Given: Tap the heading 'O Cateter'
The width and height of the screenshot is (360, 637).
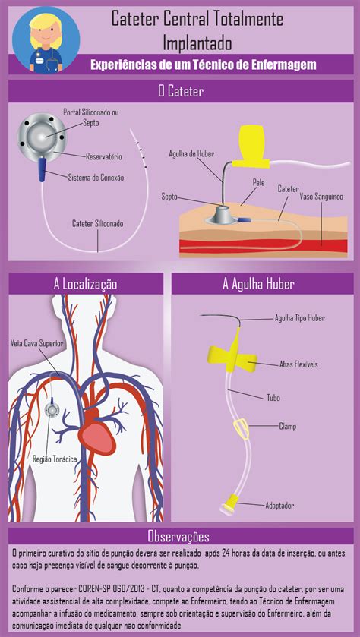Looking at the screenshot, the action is tap(181, 91).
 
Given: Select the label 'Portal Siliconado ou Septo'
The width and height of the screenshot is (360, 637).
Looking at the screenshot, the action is tap(90, 116).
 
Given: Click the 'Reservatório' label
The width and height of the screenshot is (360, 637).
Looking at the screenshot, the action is tap(104, 156).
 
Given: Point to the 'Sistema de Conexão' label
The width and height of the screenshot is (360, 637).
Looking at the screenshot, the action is tap(96, 177).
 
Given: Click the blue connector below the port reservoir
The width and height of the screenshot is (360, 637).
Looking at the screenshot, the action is tap(43, 169).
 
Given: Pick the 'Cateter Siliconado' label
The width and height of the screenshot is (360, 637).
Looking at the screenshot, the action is tap(97, 223).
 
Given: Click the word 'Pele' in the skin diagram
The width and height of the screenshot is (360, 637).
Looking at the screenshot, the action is tap(258, 183).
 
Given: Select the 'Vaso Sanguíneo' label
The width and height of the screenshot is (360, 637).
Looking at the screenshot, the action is tap(321, 197).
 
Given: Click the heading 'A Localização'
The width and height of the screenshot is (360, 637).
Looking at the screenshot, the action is tap(85, 285).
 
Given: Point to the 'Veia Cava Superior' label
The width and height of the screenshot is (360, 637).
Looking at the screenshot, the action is tap(36, 344).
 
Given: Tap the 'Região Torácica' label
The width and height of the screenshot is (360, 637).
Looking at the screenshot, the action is tap(55, 459).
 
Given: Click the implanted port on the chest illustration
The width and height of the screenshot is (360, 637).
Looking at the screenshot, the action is tap(52, 409).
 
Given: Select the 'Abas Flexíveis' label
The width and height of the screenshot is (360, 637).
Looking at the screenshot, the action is tap(298, 364).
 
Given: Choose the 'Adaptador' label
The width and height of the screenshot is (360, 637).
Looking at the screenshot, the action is tap(279, 506).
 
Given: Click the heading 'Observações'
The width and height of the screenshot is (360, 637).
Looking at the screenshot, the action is tap(178, 536).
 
